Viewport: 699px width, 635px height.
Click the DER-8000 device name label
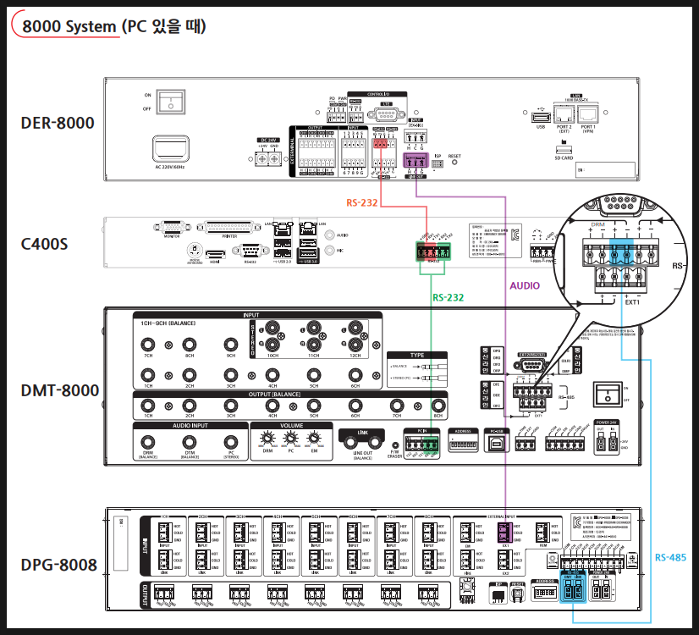click(x=58, y=124)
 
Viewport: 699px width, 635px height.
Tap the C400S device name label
click(x=45, y=245)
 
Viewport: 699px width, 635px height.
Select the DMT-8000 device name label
click(x=59, y=390)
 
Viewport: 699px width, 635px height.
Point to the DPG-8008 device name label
click(x=58, y=563)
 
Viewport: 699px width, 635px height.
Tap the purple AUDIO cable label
click(x=525, y=286)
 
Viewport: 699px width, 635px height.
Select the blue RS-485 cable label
click(x=671, y=557)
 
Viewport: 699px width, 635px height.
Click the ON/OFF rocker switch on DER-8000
click(x=173, y=102)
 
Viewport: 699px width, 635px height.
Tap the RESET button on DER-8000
click(x=454, y=162)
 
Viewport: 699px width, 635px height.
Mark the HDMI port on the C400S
click(x=214, y=253)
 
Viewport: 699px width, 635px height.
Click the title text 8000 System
click(x=69, y=26)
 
